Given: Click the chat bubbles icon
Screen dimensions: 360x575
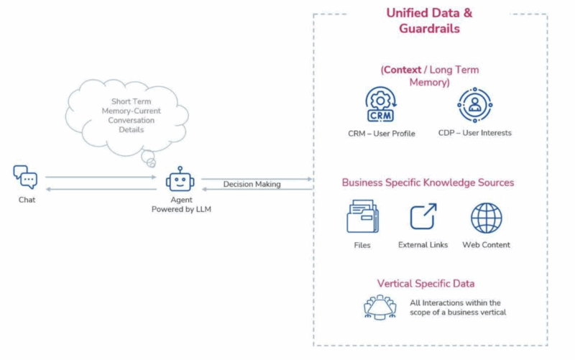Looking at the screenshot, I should (26, 177).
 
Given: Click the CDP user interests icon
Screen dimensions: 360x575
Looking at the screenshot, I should (474, 105).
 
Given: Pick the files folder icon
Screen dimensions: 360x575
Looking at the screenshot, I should (363, 217).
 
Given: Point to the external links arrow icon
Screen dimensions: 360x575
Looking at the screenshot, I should (423, 217).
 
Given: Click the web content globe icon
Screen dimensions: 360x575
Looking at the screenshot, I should (487, 218).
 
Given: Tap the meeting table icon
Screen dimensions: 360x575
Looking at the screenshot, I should (379, 307).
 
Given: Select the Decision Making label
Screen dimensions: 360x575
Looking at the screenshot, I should (252, 185).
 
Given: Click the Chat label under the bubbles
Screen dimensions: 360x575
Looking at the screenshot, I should (27, 200).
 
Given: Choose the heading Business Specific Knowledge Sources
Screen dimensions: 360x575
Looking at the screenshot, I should (428, 183).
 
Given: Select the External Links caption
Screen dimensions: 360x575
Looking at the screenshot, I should (423, 245).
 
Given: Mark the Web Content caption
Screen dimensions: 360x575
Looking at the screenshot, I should (486, 245).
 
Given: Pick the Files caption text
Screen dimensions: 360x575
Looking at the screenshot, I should (362, 245).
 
